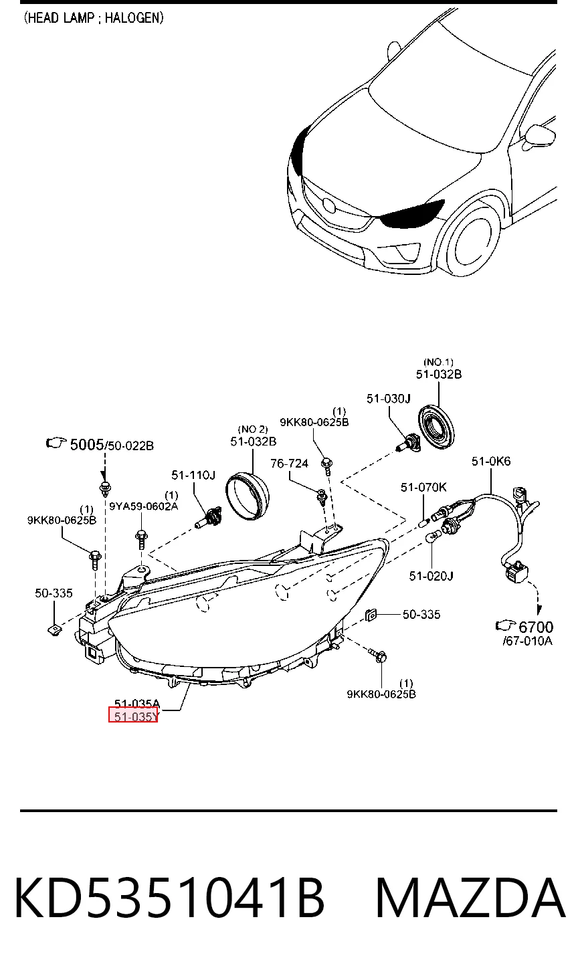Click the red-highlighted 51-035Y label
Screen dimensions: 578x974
click(133, 716)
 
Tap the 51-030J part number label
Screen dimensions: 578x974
click(389, 399)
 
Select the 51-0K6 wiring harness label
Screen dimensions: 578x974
click(491, 462)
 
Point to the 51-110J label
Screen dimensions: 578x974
click(193, 475)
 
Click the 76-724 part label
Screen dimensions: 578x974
click(289, 464)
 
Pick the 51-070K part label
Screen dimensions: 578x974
click(423, 488)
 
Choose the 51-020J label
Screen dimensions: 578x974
click(431, 576)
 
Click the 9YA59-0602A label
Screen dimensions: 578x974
click(144, 506)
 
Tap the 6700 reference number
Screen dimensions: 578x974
click(536, 627)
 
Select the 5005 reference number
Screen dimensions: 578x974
click(87, 444)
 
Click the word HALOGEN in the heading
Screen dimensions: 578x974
click(134, 18)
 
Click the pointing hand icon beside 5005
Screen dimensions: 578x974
click(56, 443)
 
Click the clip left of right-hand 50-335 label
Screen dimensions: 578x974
click(371, 615)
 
